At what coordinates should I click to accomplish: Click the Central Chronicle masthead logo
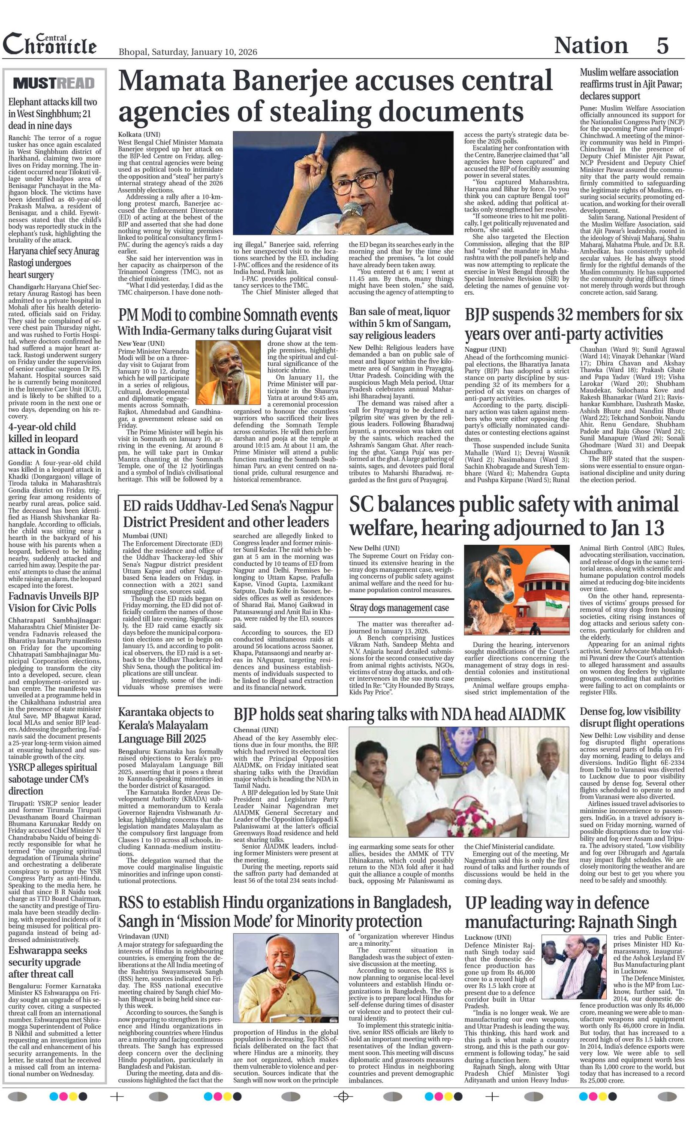[x=50, y=45]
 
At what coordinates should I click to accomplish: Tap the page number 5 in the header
[x=662, y=45]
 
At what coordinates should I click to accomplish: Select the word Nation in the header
[x=591, y=45]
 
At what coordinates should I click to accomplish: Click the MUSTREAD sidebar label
[x=54, y=83]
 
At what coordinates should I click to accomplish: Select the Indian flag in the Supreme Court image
[x=550, y=600]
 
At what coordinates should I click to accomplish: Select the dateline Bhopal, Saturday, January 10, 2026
[x=188, y=51]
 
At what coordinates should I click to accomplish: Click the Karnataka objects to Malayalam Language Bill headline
[x=165, y=725]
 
